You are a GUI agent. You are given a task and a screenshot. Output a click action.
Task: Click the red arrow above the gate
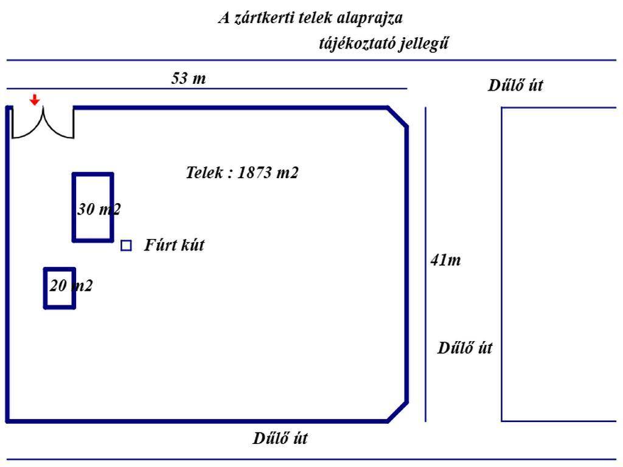[x=35, y=100]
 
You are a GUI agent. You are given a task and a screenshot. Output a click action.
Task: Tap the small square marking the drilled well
[x=126, y=246]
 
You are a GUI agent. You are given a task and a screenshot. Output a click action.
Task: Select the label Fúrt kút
[x=174, y=246]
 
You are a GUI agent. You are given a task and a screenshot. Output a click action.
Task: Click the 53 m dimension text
[x=188, y=78]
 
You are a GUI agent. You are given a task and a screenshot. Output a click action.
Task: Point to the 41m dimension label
[x=445, y=260]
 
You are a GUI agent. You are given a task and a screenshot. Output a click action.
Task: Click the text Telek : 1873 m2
[x=242, y=173]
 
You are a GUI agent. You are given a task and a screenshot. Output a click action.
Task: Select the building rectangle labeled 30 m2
[x=93, y=207]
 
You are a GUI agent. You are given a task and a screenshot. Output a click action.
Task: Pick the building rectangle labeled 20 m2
[x=60, y=288]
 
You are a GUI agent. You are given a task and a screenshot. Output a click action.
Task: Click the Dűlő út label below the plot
[x=280, y=438]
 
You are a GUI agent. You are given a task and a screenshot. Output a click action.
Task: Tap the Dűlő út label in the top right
[x=515, y=85]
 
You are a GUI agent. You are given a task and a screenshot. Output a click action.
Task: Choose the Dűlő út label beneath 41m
[x=465, y=348]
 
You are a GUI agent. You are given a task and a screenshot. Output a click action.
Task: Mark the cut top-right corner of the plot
[x=398, y=117]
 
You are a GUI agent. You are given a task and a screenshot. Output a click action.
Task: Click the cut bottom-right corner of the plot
[x=398, y=411]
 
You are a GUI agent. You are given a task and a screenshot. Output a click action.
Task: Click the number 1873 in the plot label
[x=256, y=173]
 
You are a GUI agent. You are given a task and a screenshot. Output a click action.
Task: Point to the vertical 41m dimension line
[x=425, y=182]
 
